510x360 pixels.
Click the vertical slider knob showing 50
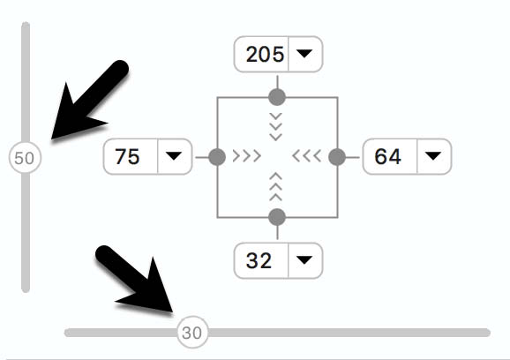click(25, 158)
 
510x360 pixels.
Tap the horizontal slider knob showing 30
click(192, 333)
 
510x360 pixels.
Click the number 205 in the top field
click(265, 54)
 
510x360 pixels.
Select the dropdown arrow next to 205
click(304, 54)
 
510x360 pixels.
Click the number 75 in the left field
click(127, 157)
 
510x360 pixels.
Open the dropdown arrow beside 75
click(174, 156)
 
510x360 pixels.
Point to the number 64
click(387, 157)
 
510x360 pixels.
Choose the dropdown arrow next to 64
click(433, 156)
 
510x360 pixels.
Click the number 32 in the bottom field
click(259, 260)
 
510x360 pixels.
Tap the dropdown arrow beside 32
click(304, 259)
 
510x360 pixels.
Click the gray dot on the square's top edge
click(277, 97)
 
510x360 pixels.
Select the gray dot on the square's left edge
click(217, 157)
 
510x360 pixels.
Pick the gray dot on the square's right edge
click(337, 157)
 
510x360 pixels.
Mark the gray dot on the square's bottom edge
click(277, 217)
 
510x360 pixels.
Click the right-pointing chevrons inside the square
click(247, 156)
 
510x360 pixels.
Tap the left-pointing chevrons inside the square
click(307, 156)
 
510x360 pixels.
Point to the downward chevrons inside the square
click(276, 127)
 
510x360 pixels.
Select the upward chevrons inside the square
click(276, 187)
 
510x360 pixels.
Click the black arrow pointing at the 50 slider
click(89, 101)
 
